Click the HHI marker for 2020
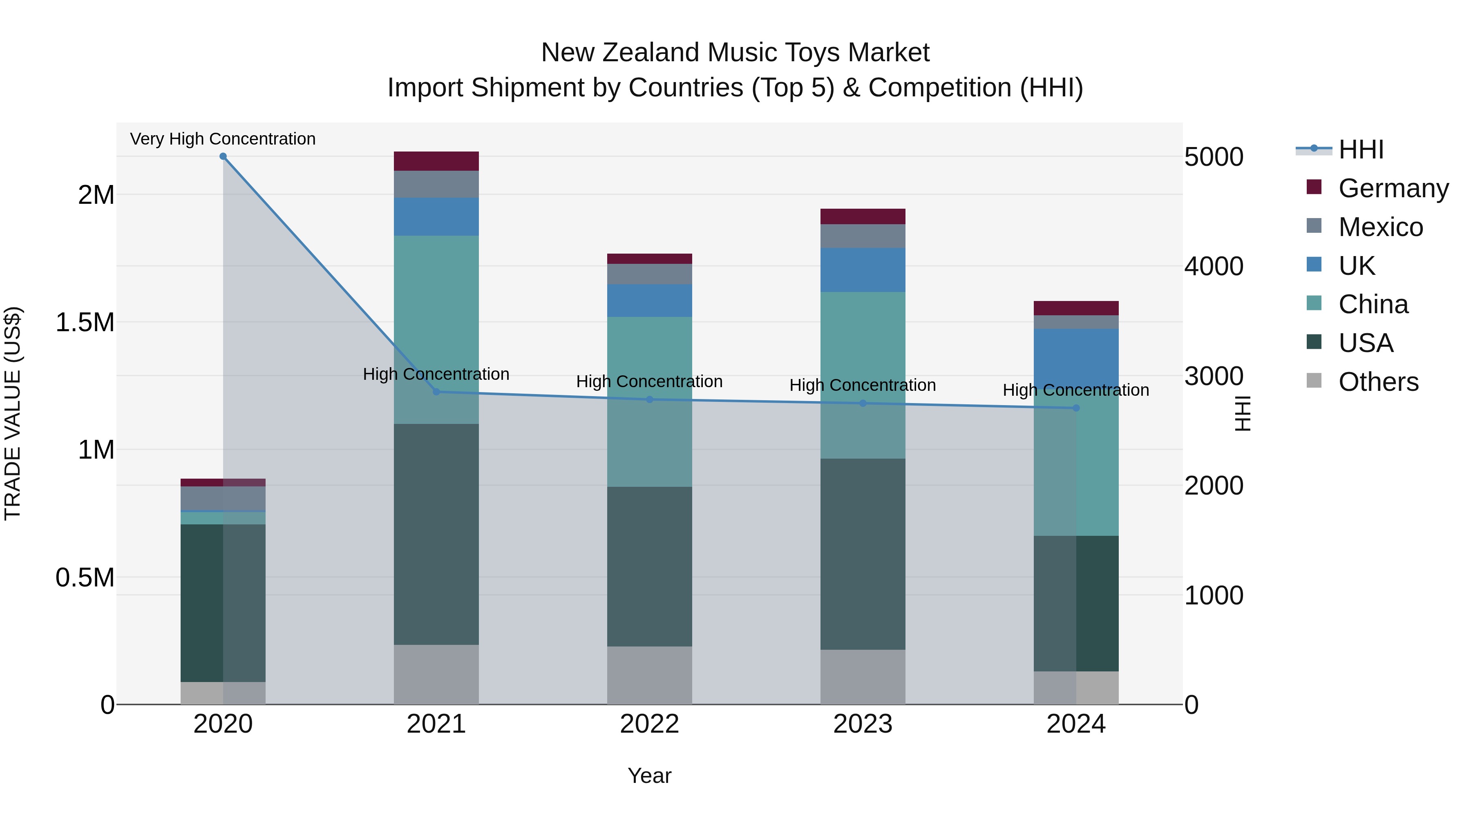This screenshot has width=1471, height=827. [x=223, y=156]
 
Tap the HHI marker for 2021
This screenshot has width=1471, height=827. [x=436, y=392]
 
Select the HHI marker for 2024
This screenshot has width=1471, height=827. [x=1076, y=408]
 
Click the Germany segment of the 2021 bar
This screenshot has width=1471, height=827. [x=436, y=161]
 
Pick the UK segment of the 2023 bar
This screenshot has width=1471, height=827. [x=863, y=270]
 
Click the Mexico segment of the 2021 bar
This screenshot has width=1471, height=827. [x=436, y=184]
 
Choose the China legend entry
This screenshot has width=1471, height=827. [x=1373, y=304]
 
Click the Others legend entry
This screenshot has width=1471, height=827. [x=1378, y=382]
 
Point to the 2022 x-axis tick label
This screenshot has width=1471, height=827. [x=649, y=724]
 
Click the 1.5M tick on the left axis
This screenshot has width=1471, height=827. [x=85, y=323]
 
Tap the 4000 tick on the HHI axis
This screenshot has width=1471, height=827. [x=1214, y=267]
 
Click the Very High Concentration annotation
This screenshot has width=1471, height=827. [x=223, y=139]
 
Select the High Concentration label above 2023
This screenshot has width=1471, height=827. [x=862, y=385]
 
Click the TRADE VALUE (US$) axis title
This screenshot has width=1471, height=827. [x=13, y=413]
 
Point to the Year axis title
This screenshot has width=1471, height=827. [x=649, y=776]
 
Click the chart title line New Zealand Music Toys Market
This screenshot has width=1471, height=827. [x=735, y=53]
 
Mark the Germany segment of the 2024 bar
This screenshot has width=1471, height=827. [x=1076, y=308]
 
